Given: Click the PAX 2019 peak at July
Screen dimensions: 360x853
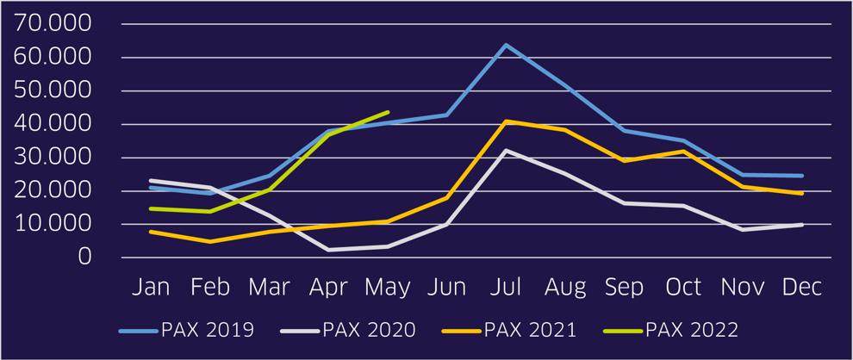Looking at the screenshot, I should click(x=507, y=45).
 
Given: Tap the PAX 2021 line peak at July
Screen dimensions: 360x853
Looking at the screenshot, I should click(x=507, y=121).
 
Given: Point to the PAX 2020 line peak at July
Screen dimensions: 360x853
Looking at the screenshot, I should click(x=507, y=151).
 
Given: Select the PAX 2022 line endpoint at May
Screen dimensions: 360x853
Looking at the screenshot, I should click(x=389, y=112).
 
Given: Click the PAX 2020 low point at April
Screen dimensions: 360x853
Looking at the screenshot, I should click(x=329, y=250).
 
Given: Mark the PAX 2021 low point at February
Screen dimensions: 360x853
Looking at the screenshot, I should click(x=210, y=241).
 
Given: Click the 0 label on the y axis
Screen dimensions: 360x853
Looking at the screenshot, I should click(x=84, y=257).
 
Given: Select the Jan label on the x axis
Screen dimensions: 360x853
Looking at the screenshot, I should click(x=151, y=288).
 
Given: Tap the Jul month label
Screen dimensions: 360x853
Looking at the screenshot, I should click(x=507, y=288).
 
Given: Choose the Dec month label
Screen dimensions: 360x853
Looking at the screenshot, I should click(x=801, y=288).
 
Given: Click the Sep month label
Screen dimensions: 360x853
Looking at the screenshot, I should click(x=624, y=288).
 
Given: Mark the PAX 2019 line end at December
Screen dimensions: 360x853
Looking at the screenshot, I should click(x=802, y=176).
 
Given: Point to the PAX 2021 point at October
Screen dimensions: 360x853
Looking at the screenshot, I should click(x=684, y=152).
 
